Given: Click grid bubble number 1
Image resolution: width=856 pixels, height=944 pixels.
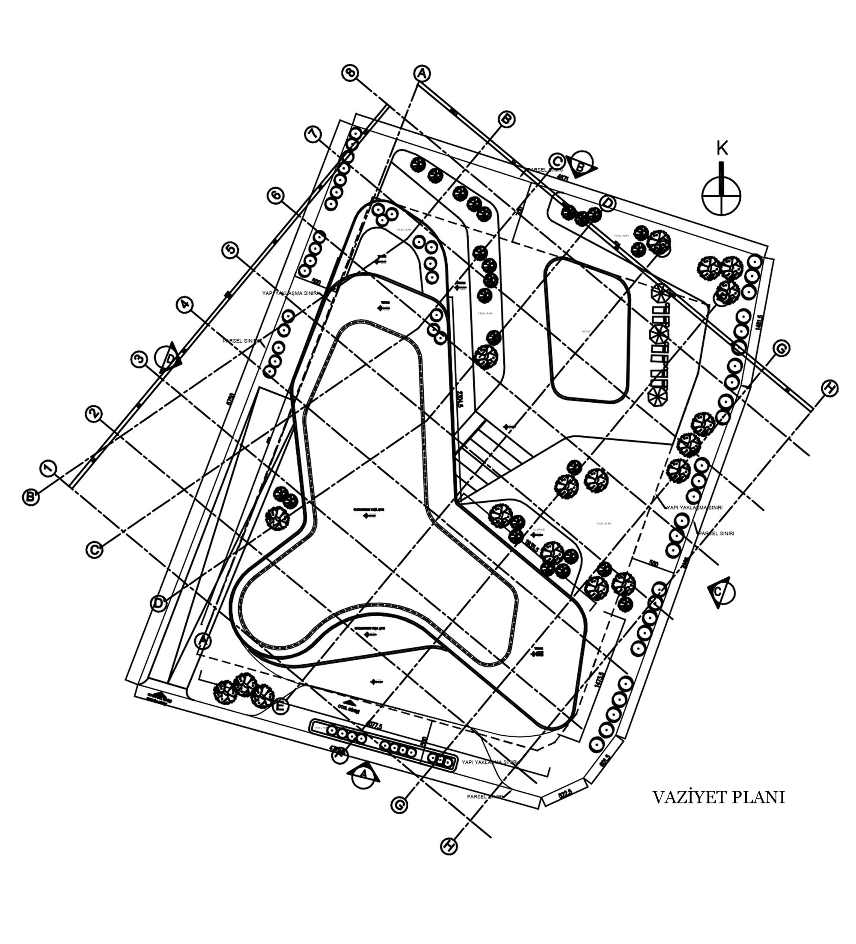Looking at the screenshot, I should pyautogui.click(x=48, y=468).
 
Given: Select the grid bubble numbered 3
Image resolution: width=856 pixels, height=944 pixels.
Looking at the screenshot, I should pyautogui.click(x=139, y=359).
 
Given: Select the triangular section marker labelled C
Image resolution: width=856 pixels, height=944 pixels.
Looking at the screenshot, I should pyautogui.click(x=723, y=592).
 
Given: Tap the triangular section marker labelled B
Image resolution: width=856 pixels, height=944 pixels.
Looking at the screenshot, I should pyautogui.click(x=582, y=164).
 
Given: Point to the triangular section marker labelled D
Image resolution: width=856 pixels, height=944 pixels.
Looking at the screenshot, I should pyautogui.click(x=169, y=359).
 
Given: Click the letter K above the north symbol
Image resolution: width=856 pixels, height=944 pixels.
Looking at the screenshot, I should pyautogui.click(x=722, y=149).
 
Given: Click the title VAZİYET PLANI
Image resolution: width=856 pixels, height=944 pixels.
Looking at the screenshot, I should pyautogui.click(x=718, y=797).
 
